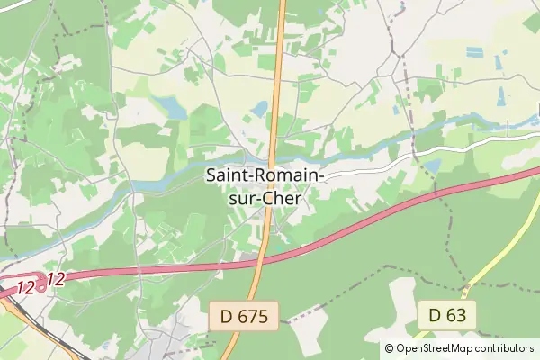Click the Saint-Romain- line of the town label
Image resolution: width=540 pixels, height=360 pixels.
(x=266, y=175)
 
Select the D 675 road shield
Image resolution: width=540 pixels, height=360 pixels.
(x=245, y=315)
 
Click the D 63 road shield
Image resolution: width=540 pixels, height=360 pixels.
(x=446, y=315)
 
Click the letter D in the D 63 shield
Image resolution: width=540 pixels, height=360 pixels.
(x=435, y=315)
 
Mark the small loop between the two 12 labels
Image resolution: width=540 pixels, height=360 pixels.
(x=41, y=284)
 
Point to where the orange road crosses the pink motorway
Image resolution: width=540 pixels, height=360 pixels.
(x=261, y=261)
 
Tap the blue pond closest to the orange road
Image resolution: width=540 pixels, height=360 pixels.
(x=260, y=109)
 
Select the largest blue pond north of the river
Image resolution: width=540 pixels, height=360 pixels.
(x=170, y=107)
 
